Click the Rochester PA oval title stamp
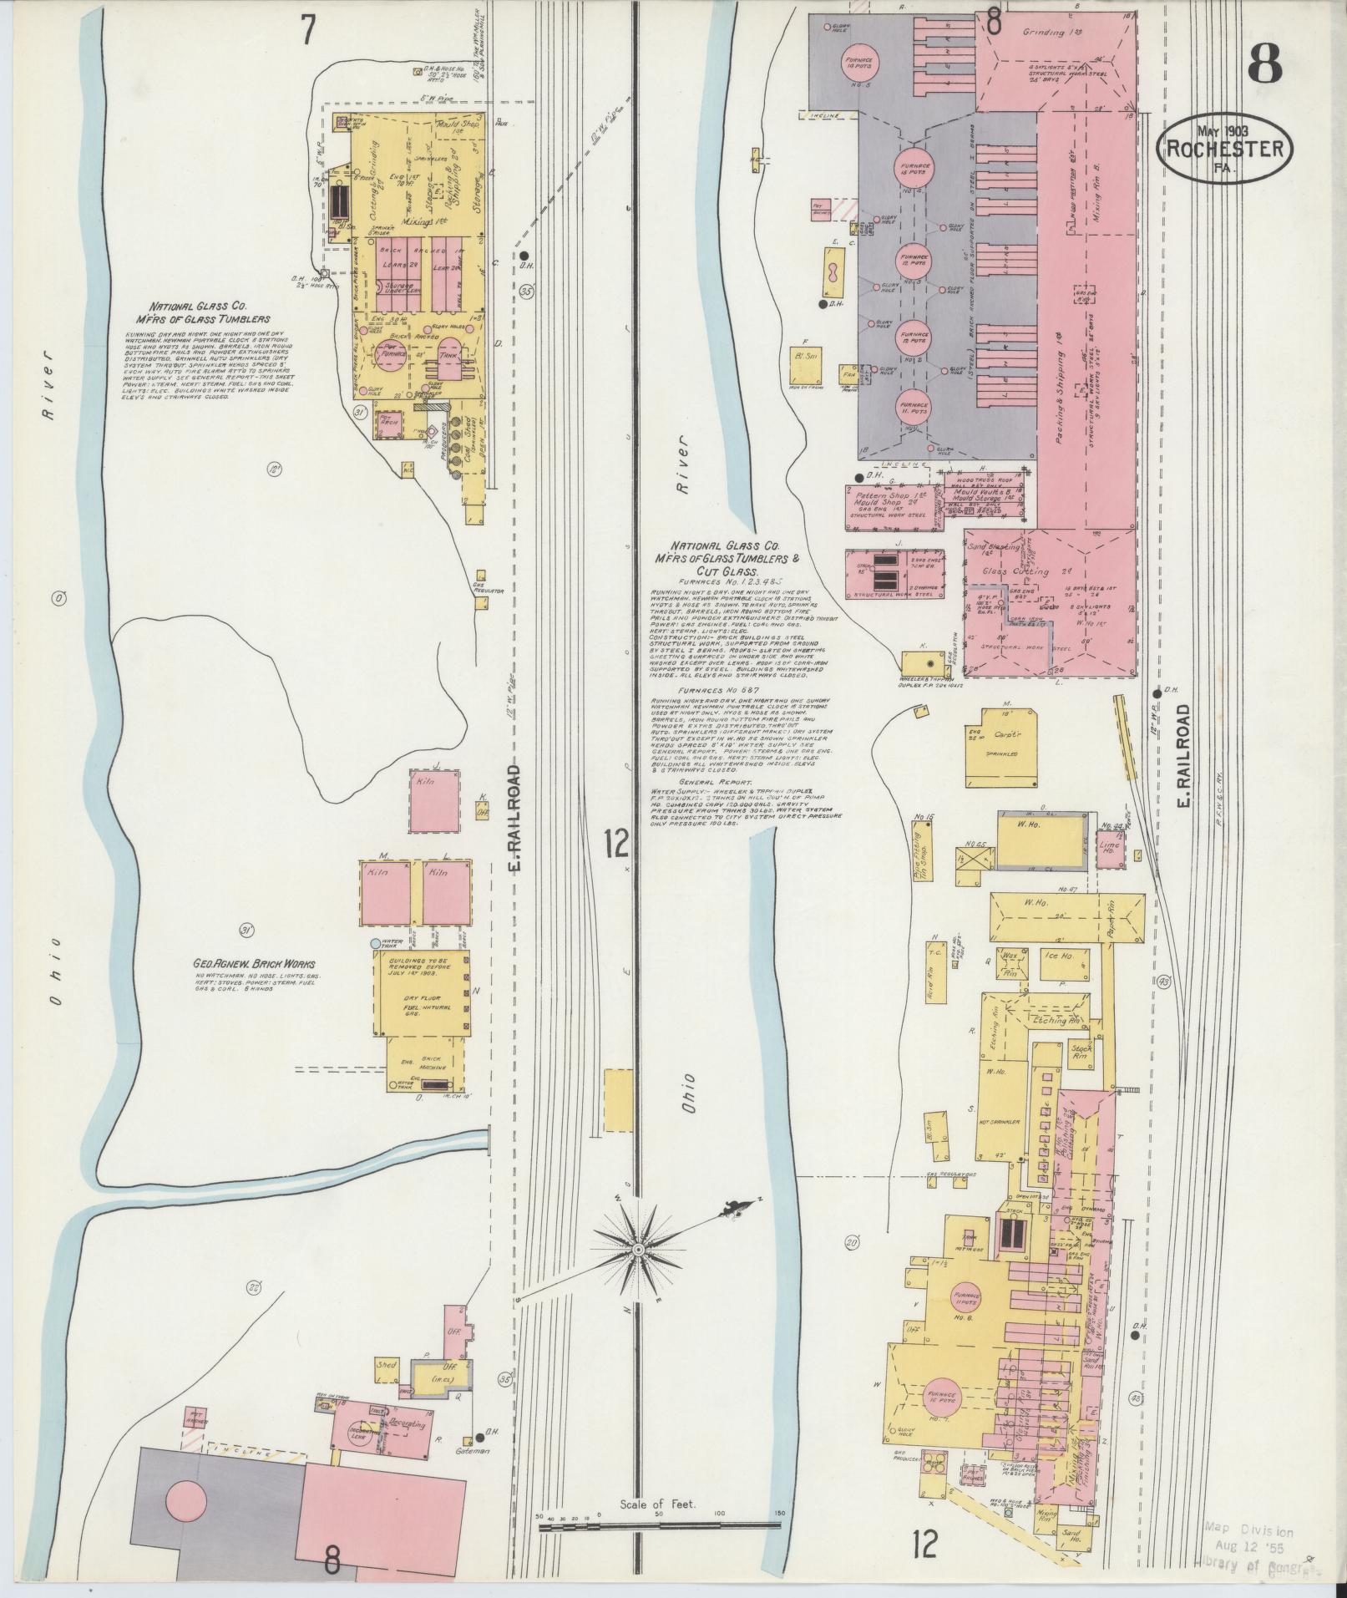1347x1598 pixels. coord(1225,149)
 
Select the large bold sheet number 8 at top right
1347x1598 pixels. coord(1266,63)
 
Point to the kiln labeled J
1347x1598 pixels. coord(435,801)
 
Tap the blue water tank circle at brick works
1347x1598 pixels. coord(377,942)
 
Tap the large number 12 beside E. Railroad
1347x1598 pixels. coord(616,845)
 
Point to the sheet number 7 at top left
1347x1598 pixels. coord(308,30)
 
